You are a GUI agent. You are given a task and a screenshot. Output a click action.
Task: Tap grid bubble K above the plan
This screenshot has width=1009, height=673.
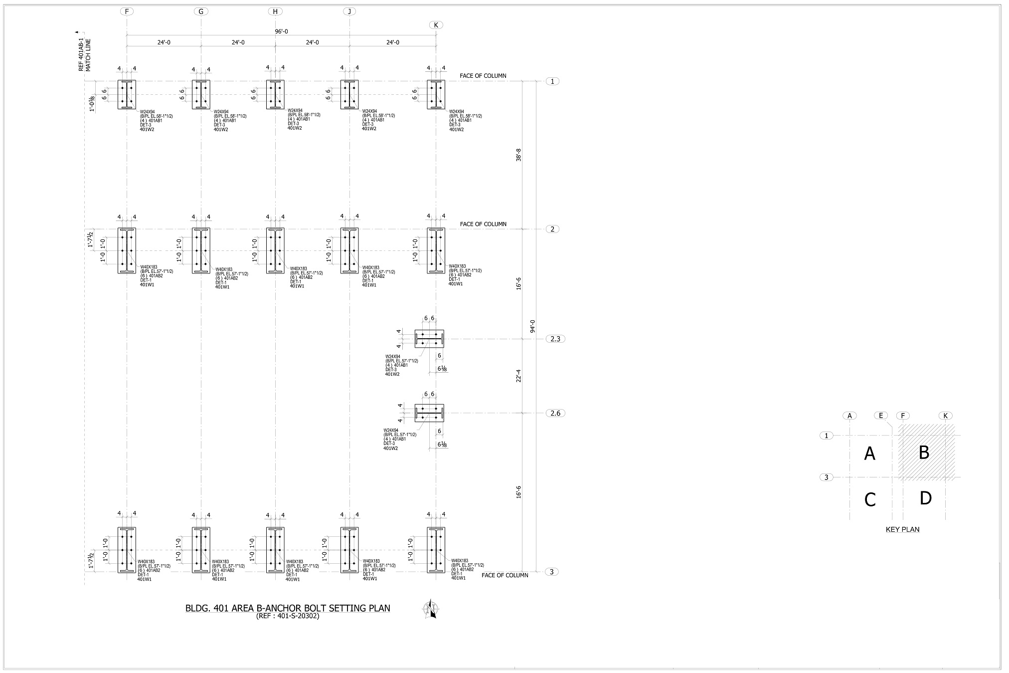click(436, 25)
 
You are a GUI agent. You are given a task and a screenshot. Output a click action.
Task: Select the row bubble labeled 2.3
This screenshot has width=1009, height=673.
click(555, 339)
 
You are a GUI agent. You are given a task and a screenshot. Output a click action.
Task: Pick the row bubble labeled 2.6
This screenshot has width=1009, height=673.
click(555, 413)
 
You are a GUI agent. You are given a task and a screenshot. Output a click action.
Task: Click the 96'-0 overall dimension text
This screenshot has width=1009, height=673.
click(281, 31)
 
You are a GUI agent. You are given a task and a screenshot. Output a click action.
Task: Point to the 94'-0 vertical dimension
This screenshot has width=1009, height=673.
click(532, 326)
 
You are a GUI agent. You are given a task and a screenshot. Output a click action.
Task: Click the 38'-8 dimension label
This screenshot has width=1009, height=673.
click(518, 155)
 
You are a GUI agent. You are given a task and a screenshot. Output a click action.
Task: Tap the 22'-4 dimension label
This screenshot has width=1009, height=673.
click(518, 376)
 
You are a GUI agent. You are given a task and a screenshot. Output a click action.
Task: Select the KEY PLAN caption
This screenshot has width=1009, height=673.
click(902, 529)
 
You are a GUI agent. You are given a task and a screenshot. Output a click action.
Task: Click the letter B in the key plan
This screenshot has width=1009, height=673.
click(924, 452)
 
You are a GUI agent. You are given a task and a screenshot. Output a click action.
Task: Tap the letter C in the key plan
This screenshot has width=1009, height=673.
click(870, 499)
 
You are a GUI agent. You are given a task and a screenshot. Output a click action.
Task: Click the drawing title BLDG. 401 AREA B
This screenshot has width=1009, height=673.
click(288, 608)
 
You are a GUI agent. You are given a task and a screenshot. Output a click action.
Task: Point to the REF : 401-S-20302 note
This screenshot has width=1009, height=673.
click(288, 616)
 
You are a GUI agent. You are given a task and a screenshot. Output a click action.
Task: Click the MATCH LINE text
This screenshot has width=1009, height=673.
click(89, 55)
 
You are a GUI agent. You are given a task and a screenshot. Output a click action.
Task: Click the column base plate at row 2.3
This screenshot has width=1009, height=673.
click(429, 339)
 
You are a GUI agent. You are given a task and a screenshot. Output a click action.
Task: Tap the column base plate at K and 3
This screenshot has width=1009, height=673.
click(436, 550)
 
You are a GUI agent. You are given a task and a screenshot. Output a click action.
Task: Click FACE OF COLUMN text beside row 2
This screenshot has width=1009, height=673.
click(483, 224)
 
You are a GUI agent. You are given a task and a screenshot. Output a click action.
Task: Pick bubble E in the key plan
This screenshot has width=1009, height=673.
click(881, 416)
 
